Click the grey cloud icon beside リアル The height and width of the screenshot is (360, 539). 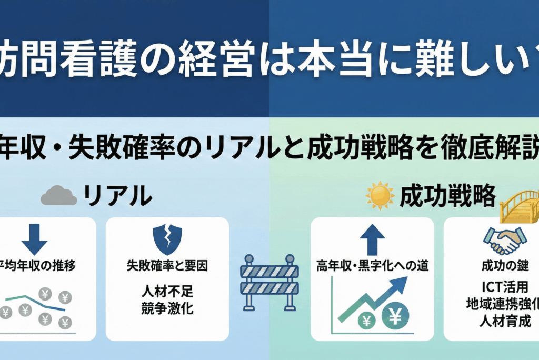pyautogui.click(x=58, y=196)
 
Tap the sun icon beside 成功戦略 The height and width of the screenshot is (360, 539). pyautogui.click(x=380, y=195)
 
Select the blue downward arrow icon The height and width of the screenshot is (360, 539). pyautogui.click(x=35, y=239)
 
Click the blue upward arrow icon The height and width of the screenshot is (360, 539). pyautogui.click(x=373, y=239)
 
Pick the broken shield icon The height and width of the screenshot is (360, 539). pyautogui.click(x=167, y=239)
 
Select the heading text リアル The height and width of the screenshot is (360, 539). pyautogui.click(x=118, y=196)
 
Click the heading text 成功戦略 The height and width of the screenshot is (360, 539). pyautogui.click(x=447, y=196)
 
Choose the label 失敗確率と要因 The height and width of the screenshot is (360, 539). pyautogui.click(x=167, y=266)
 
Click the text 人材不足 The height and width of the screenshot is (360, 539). pyautogui.click(x=167, y=291)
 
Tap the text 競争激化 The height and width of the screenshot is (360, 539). pyautogui.click(x=167, y=308)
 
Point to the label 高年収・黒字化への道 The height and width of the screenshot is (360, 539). pyautogui.click(x=372, y=266)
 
